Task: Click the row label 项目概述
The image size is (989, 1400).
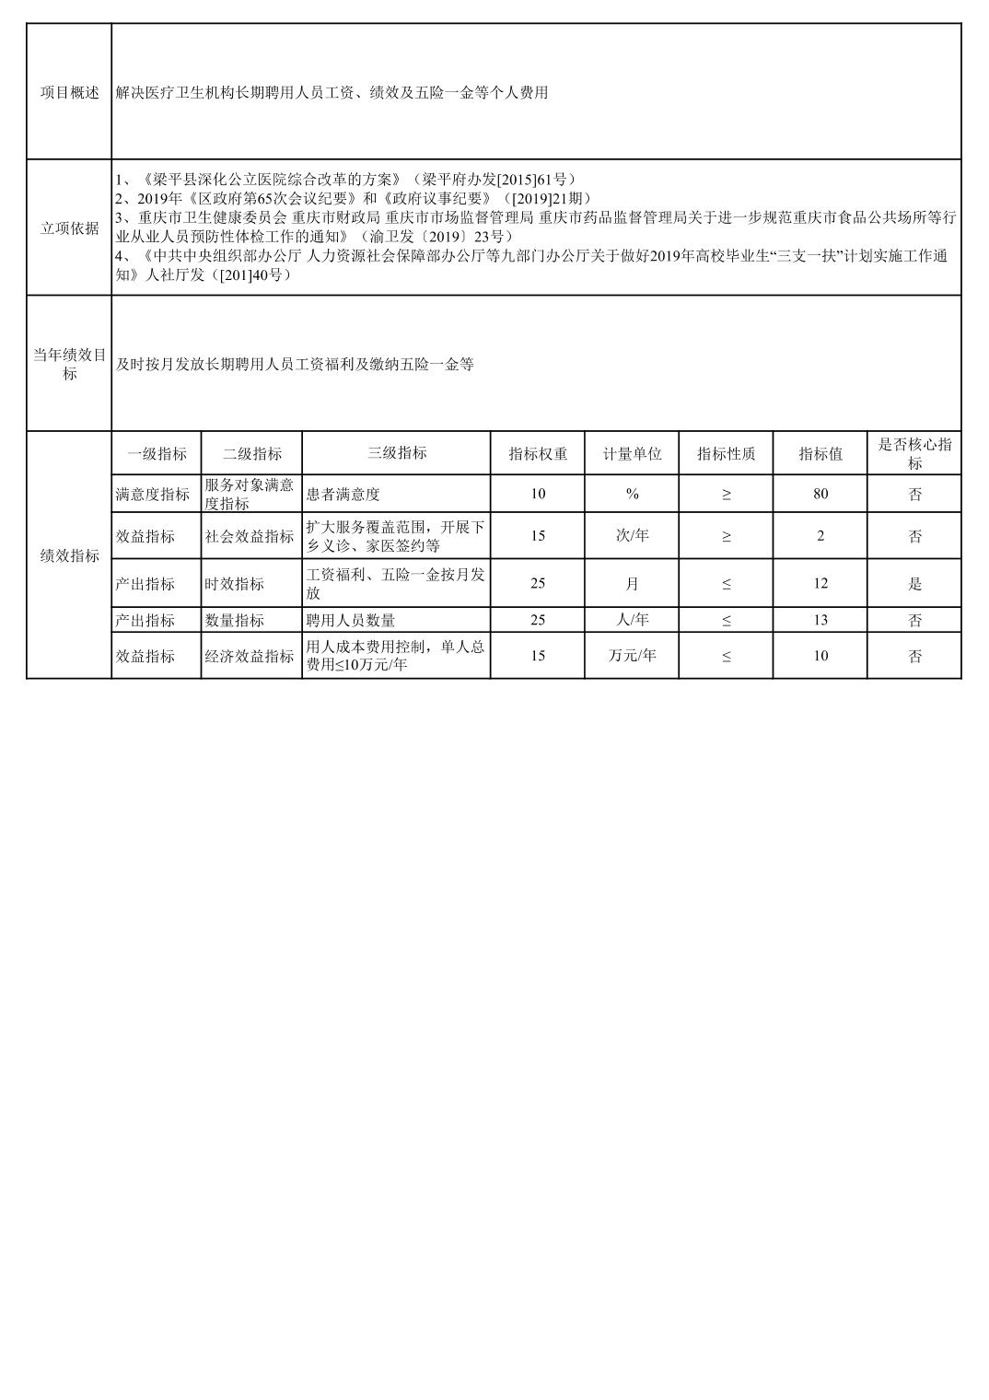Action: [x=69, y=93]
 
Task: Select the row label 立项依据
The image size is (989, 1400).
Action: [x=69, y=228]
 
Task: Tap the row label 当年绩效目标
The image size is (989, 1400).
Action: [x=69, y=365]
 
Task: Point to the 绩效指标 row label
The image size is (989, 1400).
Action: [x=69, y=555]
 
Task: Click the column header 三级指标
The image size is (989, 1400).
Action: [x=396, y=453]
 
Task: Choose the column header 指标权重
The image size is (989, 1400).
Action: [x=538, y=454]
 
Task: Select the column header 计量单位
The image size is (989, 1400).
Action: [x=632, y=454]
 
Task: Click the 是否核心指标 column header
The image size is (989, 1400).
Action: [x=913, y=454]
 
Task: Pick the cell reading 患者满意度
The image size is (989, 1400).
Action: [x=343, y=495]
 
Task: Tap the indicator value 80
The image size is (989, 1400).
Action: [x=820, y=494]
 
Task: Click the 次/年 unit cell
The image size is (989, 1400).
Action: [x=632, y=536]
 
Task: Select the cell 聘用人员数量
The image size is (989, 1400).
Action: [x=351, y=621]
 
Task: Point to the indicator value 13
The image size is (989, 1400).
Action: [x=820, y=620]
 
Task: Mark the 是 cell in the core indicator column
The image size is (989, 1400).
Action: [x=913, y=583]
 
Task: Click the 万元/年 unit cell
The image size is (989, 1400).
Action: [x=632, y=656]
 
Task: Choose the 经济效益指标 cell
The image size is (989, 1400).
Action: [x=250, y=657]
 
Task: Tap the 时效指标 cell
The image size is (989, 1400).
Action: [x=235, y=584]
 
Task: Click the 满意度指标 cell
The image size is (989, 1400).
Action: [x=153, y=495]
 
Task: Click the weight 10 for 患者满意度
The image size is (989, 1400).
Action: [x=538, y=494]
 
